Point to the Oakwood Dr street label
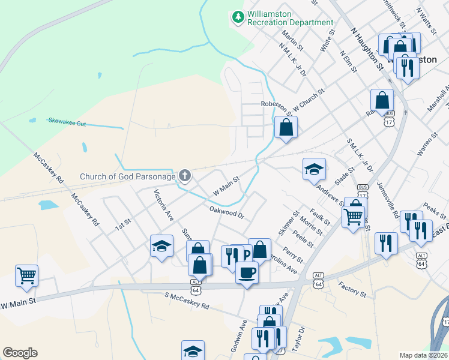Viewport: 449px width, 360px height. point(228,212)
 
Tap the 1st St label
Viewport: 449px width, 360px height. point(123,224)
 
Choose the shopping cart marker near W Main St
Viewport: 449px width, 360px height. point(27,276)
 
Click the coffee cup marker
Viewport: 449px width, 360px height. point(247,273)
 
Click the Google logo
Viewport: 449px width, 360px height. point(20,353)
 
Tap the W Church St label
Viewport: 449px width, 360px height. point(309,100)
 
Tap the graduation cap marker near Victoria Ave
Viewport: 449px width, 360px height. point(161,245)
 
